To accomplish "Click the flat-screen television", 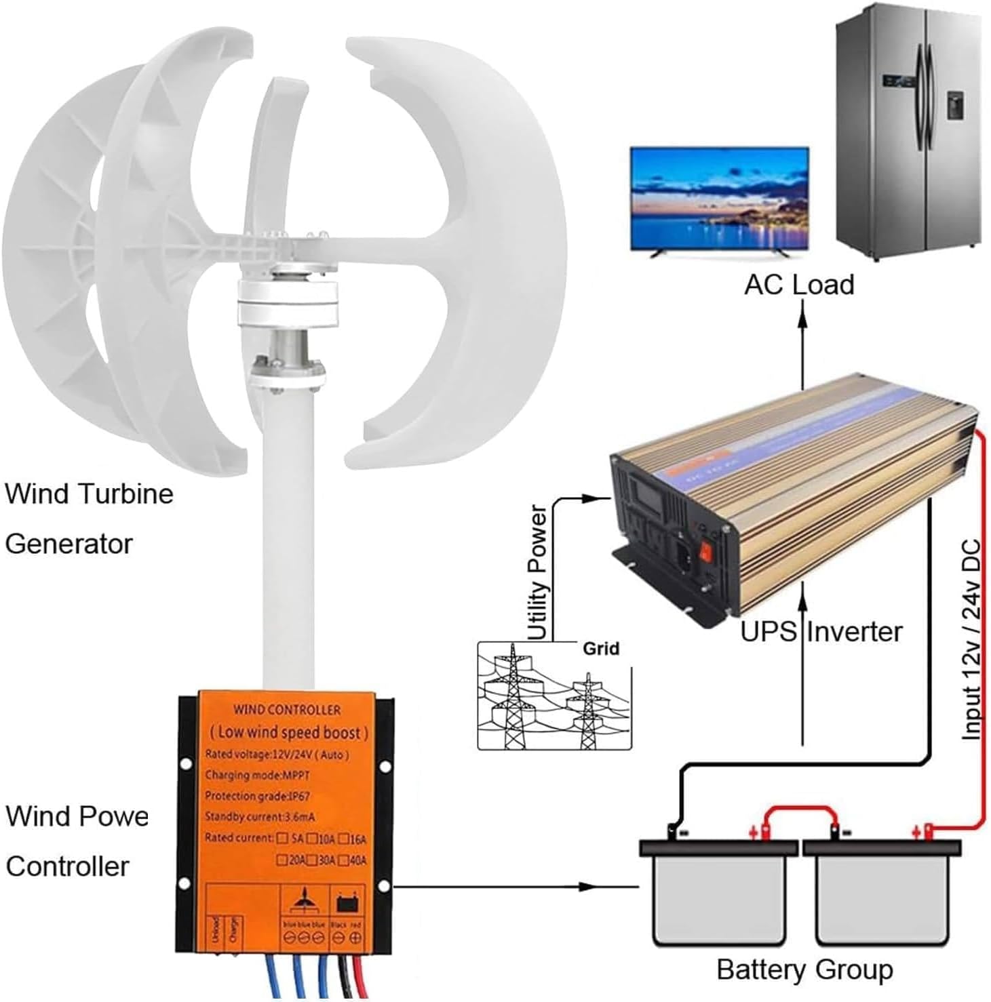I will (x=719, y=199).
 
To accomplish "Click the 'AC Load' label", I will (x=798, y=285).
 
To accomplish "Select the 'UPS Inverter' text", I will (x=821, y=631).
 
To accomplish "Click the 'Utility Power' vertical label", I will (x=537, y=573).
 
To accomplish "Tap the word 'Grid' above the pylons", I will (x=601, y=649).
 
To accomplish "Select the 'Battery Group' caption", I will (x=804, y=969).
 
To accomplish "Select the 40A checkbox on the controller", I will (x=344, y=860).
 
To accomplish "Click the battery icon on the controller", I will (x=347, y=904).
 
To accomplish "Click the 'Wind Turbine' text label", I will (x=89, y=494).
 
